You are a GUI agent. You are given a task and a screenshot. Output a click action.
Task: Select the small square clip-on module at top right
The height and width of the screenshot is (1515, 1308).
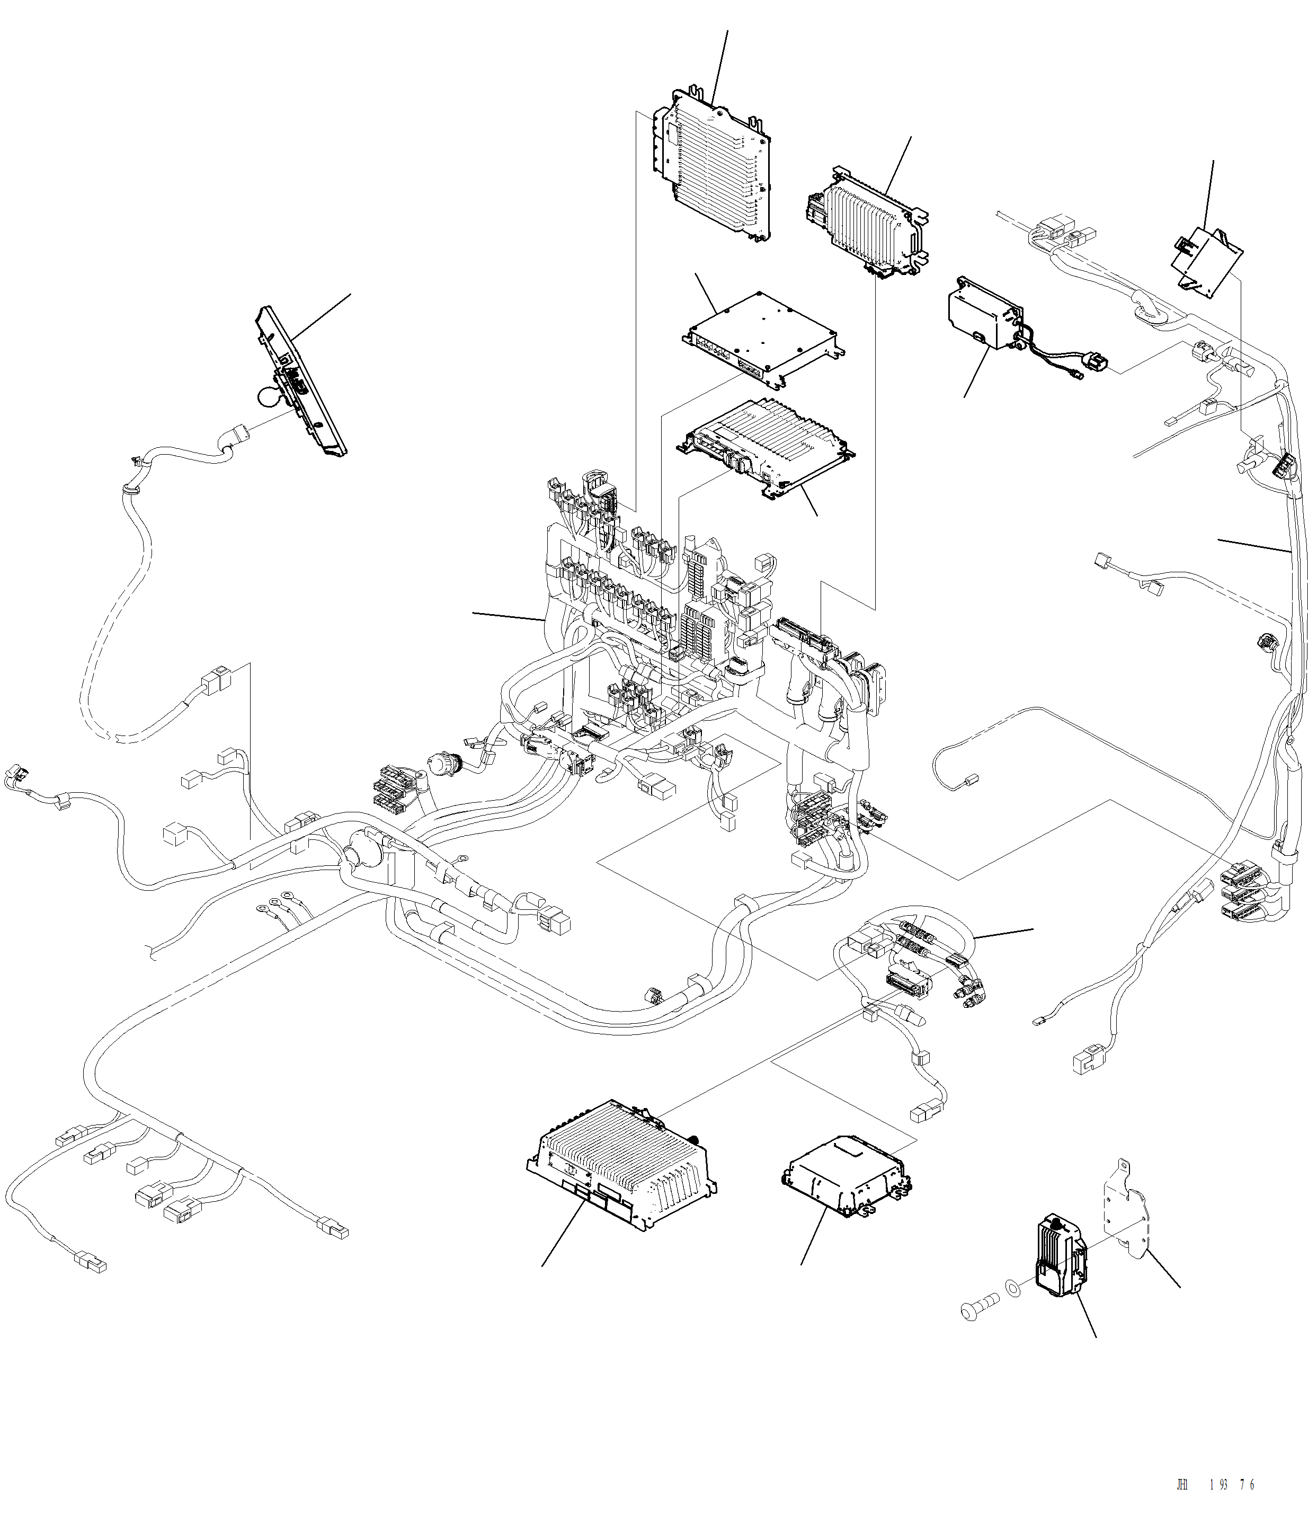[1207, 260]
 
